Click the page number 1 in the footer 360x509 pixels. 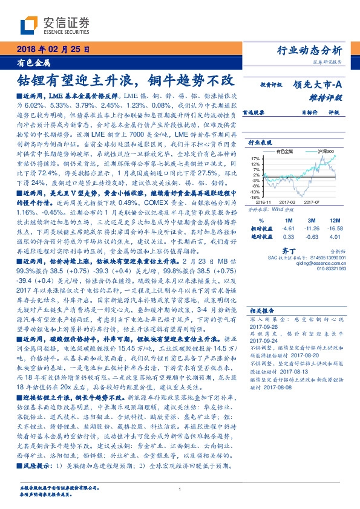point(180,490)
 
